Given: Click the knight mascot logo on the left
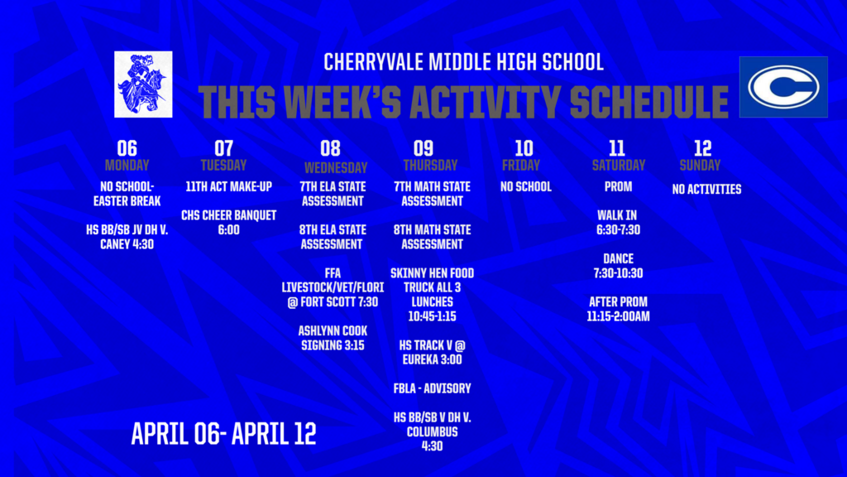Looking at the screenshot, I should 143,84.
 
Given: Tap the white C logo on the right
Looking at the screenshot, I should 782,87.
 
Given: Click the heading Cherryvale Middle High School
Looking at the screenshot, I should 463,62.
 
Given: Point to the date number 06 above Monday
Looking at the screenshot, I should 127,148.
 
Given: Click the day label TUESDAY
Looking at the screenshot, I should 223,165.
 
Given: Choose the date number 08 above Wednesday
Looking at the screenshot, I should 330,148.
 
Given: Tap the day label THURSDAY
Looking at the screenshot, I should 430,165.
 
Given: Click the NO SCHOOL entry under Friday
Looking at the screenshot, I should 525,187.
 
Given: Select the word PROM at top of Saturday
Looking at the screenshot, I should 618,187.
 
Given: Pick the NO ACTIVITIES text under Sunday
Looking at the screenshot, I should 706,190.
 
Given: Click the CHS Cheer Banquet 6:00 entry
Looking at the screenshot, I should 228,223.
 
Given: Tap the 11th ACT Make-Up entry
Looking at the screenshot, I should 228,187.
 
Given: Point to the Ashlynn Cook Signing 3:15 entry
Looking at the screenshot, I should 332,338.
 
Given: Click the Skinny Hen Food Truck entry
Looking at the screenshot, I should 432,294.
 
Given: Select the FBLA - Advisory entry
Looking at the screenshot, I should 432,388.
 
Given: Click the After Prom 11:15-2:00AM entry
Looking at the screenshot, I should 618,309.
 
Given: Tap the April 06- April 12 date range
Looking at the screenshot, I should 223,434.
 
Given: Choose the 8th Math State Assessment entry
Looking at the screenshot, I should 432,237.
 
